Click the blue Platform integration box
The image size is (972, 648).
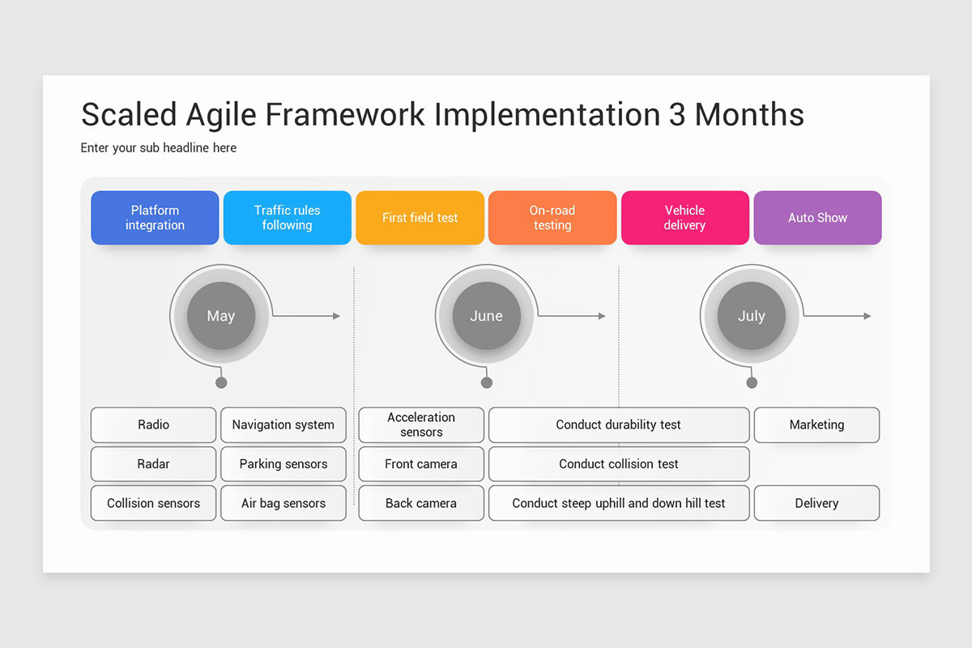point(155,217)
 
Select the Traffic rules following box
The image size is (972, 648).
point(288,217)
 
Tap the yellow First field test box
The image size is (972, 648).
point(420,217)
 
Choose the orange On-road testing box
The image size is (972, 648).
point(552,217)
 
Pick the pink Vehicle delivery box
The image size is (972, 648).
point(685,217)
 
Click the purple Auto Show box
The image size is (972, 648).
point(817,217)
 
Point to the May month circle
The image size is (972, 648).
point(221,316)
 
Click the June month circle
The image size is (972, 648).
point(487,316)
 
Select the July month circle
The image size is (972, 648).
point(752,316)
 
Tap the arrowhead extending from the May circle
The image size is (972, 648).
point(336,316)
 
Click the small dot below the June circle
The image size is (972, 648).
point(487,382)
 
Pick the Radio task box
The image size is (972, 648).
point(153,424)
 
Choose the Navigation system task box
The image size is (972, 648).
point(283,424)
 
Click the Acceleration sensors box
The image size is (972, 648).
point(421,424)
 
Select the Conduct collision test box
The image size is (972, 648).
point(619,464)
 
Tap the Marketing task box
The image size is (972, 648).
point(816,424)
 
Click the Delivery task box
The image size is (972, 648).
point(816,503)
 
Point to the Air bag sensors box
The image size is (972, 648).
point(283,503)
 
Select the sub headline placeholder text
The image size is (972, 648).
point(159,148)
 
